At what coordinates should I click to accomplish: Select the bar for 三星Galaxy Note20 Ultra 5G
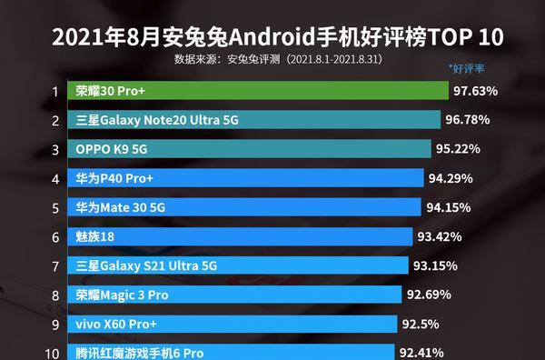[255, 120]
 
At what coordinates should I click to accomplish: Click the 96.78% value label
[468, 120]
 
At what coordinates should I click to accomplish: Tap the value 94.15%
[449, 207]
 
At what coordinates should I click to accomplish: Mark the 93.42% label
[440, 236]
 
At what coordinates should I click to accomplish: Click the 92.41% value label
[421, 351]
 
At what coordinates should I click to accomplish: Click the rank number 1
[55, 91]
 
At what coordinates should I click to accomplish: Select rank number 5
[55, 207]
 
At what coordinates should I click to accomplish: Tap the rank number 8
[55, 295]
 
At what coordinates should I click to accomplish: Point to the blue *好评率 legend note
[466, 68]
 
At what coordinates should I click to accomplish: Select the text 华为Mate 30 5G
[121, 207]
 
